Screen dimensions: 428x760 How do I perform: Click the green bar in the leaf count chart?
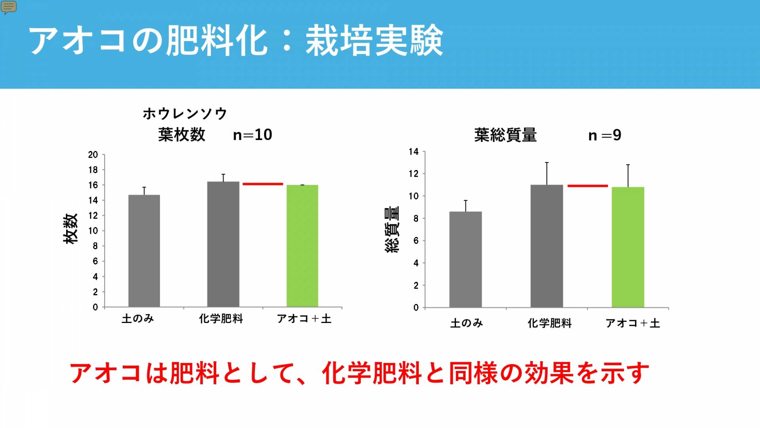(302, 246)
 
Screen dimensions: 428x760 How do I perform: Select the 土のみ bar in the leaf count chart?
(144, 250)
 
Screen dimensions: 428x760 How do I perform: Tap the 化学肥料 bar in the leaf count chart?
(223, 244)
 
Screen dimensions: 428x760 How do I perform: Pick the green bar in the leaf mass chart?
(628, 247)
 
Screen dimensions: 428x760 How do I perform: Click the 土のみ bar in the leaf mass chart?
(465, 259)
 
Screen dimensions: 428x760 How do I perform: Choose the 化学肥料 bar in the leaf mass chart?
(547, 246)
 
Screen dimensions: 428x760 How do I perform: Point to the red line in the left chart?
(263, 184)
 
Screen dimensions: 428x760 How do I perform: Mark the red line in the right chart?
(587, 186)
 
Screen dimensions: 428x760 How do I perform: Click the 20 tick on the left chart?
(93, 155)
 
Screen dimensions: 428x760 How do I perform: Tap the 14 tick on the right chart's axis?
(414, 152)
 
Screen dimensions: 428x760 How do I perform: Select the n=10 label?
(253, 135)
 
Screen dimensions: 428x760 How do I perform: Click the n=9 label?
(604, 136)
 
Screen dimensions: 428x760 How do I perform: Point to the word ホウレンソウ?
(185, 114)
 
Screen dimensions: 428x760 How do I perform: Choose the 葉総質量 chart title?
(505, 136)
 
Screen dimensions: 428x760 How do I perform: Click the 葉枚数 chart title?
(182, 135)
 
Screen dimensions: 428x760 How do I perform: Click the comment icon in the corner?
(9, 7)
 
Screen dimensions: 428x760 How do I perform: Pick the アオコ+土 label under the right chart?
(633, 323)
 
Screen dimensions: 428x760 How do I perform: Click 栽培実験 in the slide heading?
(374, 40)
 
